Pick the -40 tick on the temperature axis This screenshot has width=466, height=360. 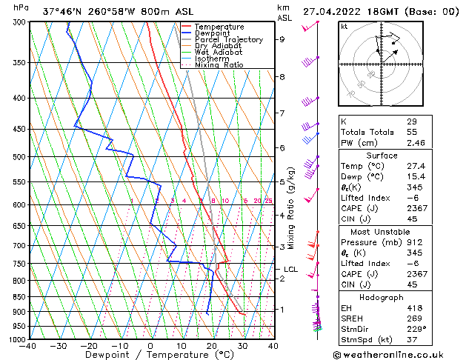(28, 346)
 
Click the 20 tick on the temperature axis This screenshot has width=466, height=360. (211, 346)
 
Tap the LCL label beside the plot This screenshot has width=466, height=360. (290, 270)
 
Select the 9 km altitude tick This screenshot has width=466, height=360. (282, 39)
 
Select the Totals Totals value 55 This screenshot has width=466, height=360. (411, 130)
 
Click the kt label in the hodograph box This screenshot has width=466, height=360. (344, 26)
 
